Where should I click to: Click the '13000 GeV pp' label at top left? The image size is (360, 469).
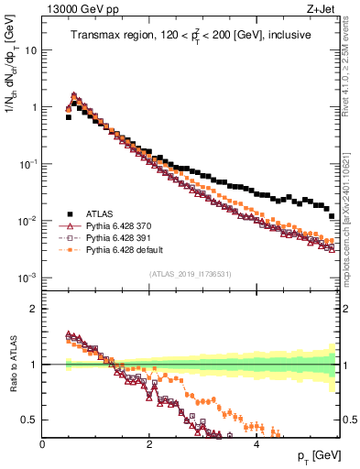(x=77, y=10)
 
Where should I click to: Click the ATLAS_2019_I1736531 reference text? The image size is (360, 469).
(x=191, y=273)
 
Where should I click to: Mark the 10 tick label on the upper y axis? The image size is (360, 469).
(x=30, y=50)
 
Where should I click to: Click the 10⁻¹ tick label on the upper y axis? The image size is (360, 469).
(x=27, y=163)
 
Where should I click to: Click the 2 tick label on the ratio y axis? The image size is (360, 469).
(x=34, y=308)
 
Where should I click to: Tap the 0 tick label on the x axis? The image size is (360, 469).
(x=42, y=444)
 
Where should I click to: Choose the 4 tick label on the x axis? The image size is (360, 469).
(x=256, y=444)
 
